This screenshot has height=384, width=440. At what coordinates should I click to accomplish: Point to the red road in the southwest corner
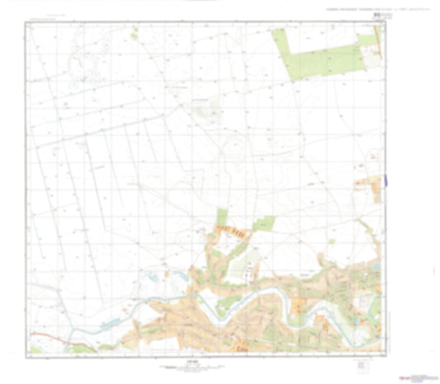45,334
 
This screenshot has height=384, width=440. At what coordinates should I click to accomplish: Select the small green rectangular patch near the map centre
265,222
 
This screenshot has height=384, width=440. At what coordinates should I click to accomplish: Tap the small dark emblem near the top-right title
376,14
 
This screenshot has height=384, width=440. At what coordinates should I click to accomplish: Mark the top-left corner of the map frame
27,22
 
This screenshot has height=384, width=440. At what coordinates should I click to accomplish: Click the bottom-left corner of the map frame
27,353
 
